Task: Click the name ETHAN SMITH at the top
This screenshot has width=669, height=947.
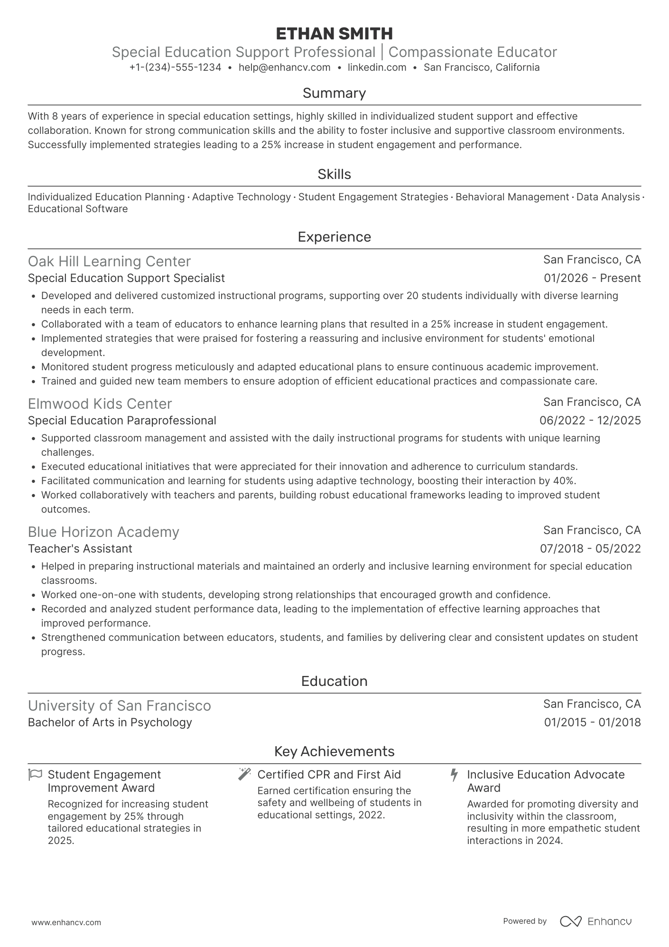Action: tap(334, 34)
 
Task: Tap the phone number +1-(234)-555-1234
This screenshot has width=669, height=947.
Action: tap(175, 67)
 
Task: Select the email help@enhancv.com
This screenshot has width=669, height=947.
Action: tap(284, 67)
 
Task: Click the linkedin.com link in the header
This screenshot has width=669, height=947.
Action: tap(377, 67)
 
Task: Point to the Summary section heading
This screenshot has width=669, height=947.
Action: tap(334, 93)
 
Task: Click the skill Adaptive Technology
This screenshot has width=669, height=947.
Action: tap(241, 197)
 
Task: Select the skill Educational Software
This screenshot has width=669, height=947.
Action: tap(78, 209)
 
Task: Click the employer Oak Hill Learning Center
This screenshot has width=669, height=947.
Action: tap(109, 262)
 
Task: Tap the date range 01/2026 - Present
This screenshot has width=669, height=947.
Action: tap(592, 278)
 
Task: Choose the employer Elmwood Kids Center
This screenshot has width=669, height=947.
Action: tap(100, 404)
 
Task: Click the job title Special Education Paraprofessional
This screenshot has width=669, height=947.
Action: tap(122, 421)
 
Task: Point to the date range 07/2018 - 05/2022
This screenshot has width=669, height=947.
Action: tap(590, 549)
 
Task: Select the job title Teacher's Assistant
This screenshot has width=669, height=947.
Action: tap(80, 549)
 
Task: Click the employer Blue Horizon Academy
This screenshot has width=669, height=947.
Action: tap(103, 532)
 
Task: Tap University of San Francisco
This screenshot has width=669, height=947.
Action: tap(119, 706)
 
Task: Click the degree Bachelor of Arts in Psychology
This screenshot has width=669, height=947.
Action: tap(110, 722)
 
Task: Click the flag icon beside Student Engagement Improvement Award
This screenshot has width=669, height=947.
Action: tap(36, 775)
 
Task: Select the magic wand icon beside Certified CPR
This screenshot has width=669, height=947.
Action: tap(244, 774)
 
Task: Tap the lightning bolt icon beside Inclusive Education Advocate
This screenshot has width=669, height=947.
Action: tap(454, 775)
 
